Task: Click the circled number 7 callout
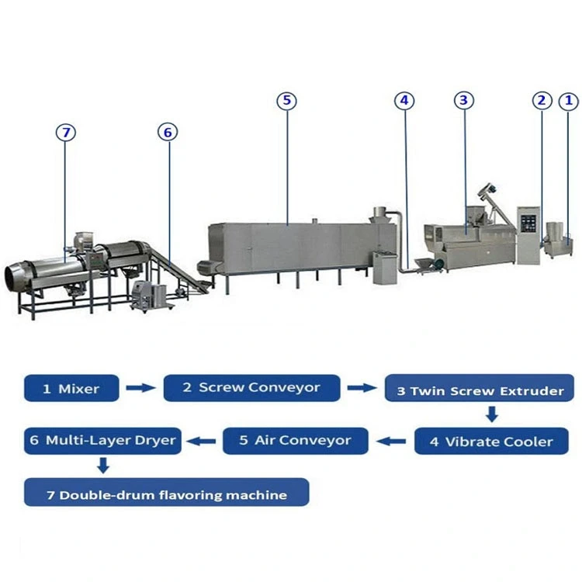(x=67, y=133)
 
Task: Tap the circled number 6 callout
(x=167, y=132)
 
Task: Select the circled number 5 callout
(x=286, y=101)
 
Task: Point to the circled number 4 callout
(x=404, y=101)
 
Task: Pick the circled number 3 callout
(x=463, y=100)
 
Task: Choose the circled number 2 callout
(x=542, y=100)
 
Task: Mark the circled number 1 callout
(x=568, y=100)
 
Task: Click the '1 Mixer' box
(x=71, y=388)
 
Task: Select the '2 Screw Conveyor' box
(x=251, y=387)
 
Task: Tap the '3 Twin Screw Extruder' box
(x=480, y=390)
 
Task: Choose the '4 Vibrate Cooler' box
(x=492, y=441)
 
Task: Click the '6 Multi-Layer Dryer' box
(x=102, y=440)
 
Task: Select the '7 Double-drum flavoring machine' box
(x=166, y=494)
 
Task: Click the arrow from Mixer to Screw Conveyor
(x=140, y=388)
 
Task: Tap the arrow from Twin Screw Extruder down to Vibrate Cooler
(x=491, y=415)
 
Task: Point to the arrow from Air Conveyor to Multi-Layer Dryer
(x=204, y=440)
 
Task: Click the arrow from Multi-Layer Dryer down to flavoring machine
(x=102, y=466)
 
